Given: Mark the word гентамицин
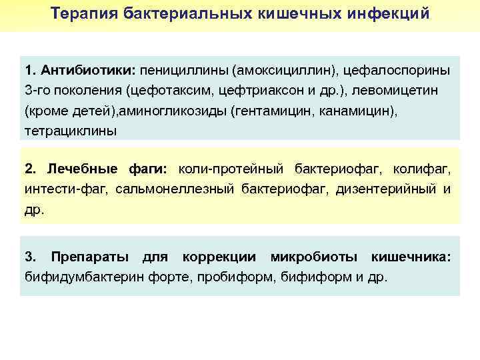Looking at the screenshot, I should click(302, 110).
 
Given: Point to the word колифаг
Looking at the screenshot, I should click(422, 169).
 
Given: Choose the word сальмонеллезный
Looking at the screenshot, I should click(175, 189).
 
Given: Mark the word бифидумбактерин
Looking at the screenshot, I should click(83, 277).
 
